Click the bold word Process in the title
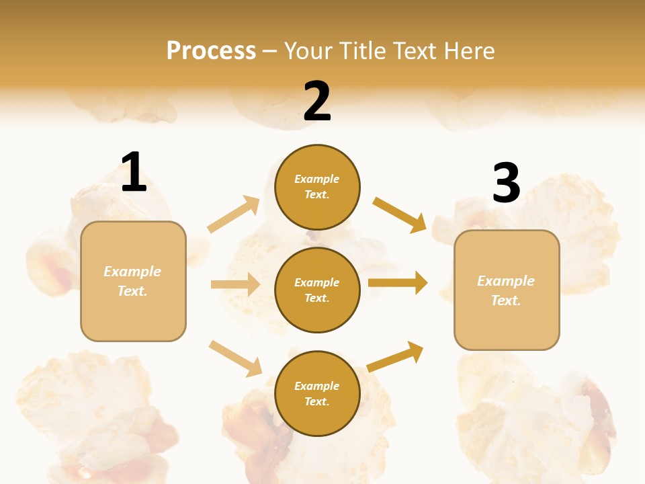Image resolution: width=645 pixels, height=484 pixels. [x=211, y=50]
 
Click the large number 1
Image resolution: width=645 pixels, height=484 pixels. [x=134, y=172]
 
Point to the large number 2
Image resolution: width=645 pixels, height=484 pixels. [x=317, y=102]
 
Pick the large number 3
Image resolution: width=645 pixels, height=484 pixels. [x=506, y=183]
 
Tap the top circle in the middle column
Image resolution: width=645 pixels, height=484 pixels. [x=317, y=187]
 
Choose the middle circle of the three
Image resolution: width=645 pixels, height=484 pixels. [x=317, y=290]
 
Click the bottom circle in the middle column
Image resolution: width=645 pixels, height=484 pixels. [x=317, y=393]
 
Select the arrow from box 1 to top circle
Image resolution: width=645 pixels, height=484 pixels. [x=234, y=214]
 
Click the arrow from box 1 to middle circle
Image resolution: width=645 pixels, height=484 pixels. [x=235, y=284]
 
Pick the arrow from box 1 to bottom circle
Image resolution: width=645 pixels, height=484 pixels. [x=235, y=358]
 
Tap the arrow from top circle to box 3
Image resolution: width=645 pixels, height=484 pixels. [x=400, y=214]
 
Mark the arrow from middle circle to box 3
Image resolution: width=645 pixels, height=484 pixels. [x=398, y=282]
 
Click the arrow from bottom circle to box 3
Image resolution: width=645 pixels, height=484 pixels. [x=395, y=356]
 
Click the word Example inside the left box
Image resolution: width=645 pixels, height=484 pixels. [x=132, y=272]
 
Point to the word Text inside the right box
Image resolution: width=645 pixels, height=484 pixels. [x=505, y=300]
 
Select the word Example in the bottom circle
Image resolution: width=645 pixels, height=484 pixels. [x=317, y=386]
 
